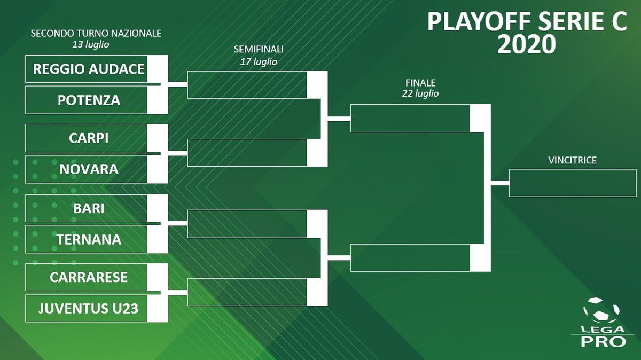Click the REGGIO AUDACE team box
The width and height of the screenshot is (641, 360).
tap(89, 69)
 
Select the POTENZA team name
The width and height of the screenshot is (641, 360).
tap(89, 100)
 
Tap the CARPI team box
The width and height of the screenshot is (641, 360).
tap(89, 138)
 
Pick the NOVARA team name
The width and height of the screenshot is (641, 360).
tap(89, 169)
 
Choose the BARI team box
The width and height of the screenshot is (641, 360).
tap(89, 208)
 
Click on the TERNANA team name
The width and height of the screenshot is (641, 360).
tap(89, 239)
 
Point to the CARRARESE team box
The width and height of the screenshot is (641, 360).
tap(89, 277)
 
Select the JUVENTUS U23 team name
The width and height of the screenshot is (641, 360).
tap(89, 308)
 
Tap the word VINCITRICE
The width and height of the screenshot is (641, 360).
tap(572, 160)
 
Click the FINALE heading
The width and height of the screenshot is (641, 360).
tap(420, 83)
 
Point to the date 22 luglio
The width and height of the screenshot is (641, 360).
tap(420, 93)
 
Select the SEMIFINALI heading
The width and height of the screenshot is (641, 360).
tap(259, 49)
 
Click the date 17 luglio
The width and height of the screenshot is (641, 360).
tap(259, 61)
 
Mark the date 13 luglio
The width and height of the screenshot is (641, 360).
tap(91, 44)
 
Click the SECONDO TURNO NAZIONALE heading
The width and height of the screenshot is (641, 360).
tap(96, 33)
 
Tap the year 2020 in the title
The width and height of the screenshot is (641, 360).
tap(527, 45)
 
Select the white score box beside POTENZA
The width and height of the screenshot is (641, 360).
tap(158, 100)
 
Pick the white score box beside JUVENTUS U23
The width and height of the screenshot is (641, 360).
tap(158, 308)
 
